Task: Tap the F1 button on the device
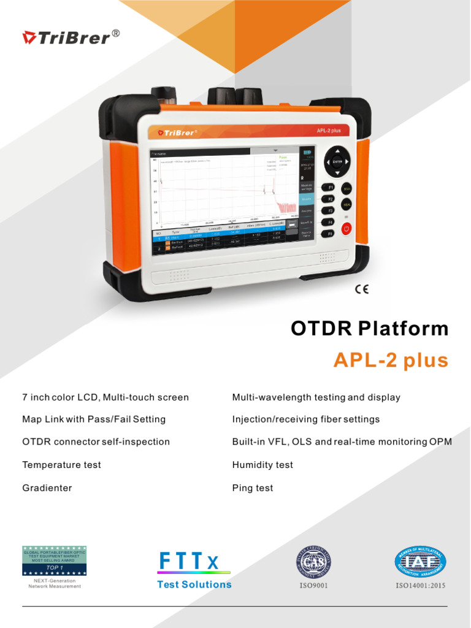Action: coord(329,187)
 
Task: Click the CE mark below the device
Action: coord(362,289)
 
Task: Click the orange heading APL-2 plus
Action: coord(391,361)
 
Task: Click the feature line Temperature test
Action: coord(61,465)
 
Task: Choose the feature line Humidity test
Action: coord(262,465)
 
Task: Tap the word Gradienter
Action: coord(47,488)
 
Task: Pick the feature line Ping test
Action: coord(252,488)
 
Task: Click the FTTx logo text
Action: coord(188,561)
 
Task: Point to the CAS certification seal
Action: coord(314,561)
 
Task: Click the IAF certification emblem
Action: coord(420,561)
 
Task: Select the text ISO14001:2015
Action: coord(421,586)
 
